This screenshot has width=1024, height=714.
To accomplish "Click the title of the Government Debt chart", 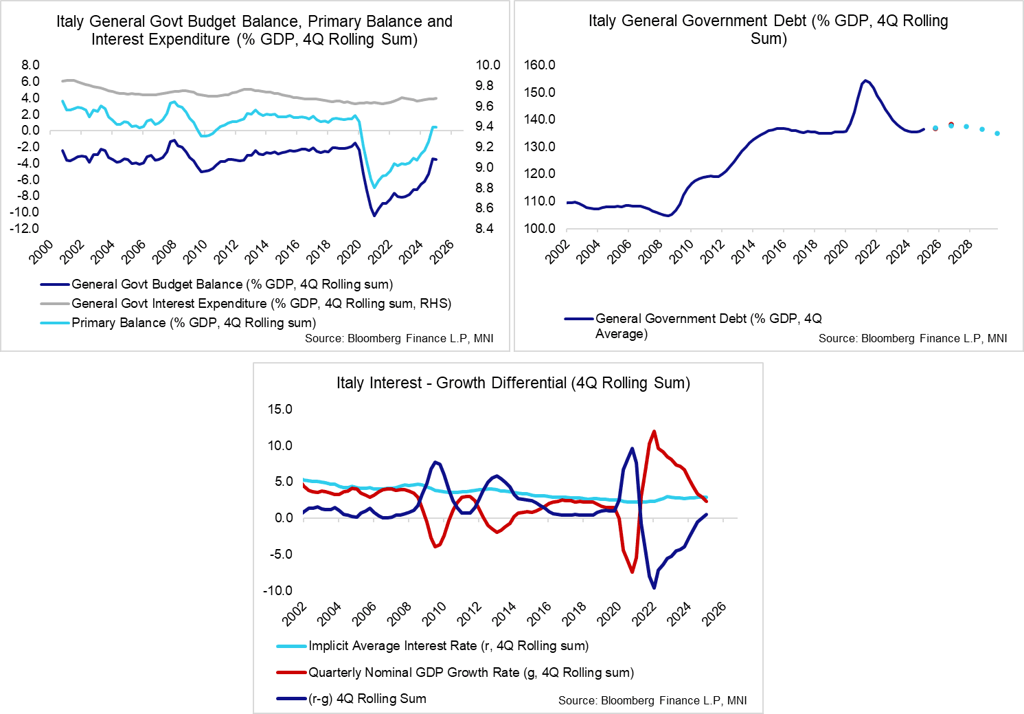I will tap(768, 30).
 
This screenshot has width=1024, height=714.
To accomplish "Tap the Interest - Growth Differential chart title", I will tap(513, 383).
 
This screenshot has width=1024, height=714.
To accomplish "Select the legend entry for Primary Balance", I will tap(193, 323).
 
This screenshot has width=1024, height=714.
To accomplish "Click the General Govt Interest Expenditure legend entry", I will tap(261, 304).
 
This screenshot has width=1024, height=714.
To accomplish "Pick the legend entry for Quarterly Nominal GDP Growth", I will tap(470, 673).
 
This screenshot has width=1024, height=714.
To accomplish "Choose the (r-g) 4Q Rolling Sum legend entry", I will tap(367, 699).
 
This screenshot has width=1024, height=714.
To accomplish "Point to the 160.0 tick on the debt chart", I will tap(539, 65).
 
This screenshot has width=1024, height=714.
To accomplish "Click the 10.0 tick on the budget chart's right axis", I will tap(488, 65).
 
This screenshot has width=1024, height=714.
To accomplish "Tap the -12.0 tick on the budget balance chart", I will tap(25, 229).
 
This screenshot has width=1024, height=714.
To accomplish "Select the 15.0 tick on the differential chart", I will tap(280, 410).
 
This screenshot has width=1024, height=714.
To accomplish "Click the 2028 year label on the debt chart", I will tap(959, 252).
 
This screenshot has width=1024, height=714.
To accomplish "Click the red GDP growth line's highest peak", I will tap(654, 432).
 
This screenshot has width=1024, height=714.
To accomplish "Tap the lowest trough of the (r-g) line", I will tap(654, 588).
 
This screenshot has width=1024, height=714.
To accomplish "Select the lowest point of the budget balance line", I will tap(374, 216).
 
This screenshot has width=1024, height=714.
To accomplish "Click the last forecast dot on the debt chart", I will tap(997, 133).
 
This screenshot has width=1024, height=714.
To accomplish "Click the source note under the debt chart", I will tap(912, 338).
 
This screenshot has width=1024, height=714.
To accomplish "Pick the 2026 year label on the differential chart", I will tap(714, 613).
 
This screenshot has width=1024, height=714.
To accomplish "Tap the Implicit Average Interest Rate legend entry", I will tap(448, 646).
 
